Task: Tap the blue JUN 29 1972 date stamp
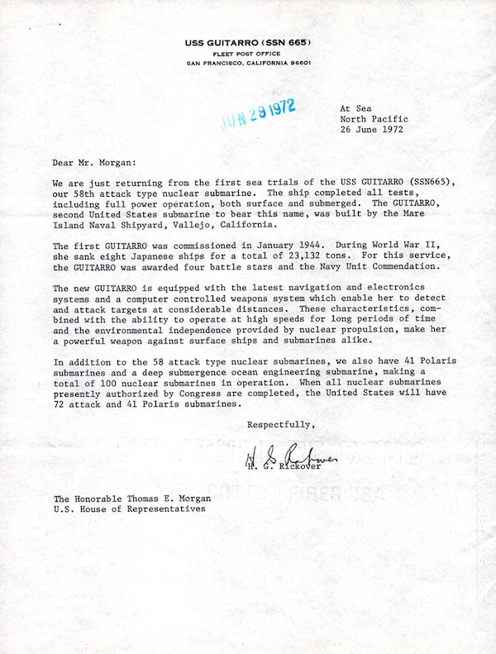[257, 114]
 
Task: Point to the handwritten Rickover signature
[286, 456]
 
